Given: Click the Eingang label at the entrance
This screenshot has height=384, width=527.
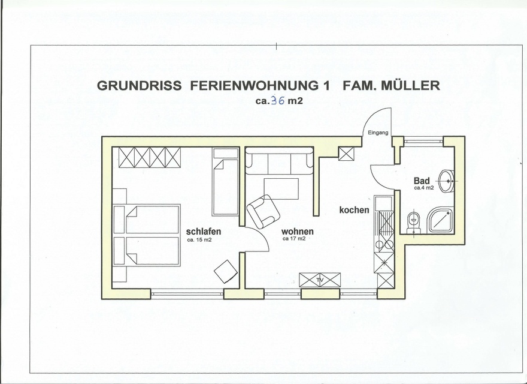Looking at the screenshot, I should [x=378, y=133].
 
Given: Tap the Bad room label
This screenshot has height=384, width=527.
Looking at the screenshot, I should [x=422, y=181].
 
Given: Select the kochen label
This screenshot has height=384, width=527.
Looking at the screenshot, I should [x=354, y=210].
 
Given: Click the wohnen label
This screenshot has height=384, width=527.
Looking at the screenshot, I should [x=298, y=231].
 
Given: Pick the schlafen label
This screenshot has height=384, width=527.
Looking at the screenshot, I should [x=204, y=232].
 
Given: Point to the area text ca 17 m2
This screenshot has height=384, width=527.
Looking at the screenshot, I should [x=295, y=239].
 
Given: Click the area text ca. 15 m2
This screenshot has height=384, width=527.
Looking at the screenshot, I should [x=199, y=240].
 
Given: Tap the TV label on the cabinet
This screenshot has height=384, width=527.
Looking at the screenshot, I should [x=320, y=280].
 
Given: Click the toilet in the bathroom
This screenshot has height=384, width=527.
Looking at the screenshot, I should [x=413, y=222].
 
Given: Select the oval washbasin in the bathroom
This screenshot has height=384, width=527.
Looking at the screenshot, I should [x=446, y=181].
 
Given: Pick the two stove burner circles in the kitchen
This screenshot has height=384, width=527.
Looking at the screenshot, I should [x=383, y=244].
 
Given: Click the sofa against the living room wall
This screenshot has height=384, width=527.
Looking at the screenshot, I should [x=279, y=163].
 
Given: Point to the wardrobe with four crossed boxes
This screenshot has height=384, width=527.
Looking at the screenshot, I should [x=150, y=157].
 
